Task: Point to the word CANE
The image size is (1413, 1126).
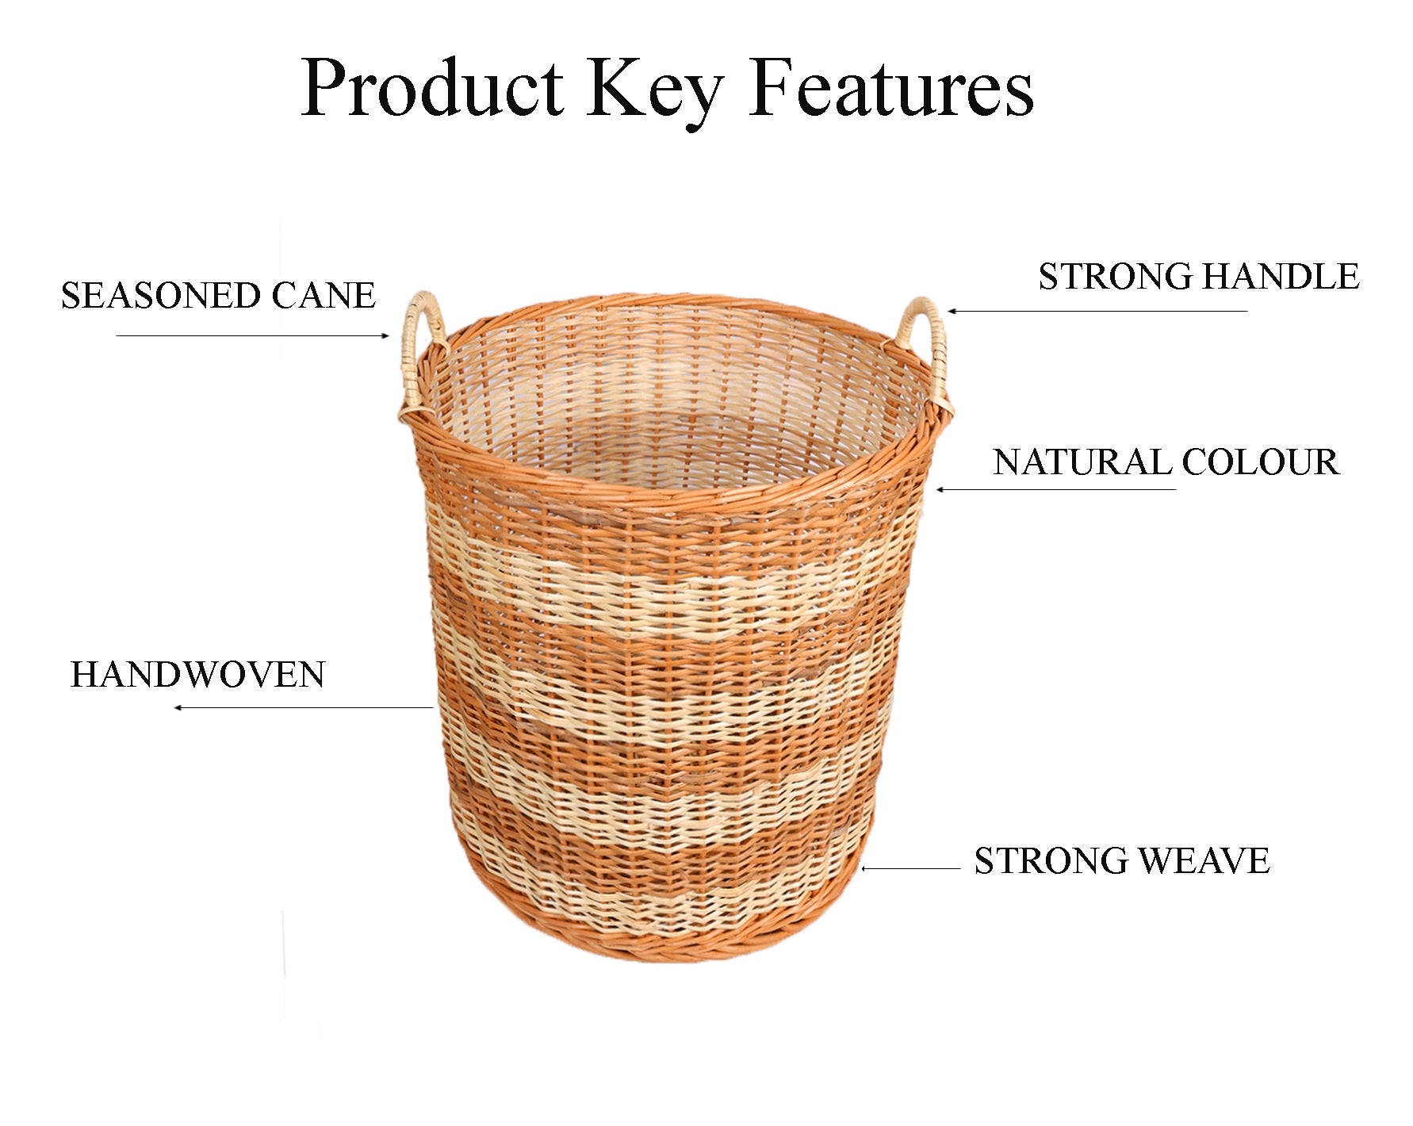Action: pyautogui.click(x=324, y=296)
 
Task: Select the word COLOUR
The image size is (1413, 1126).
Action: pyautogui.click(x=1261, y=462)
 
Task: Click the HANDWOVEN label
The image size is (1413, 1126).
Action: pyautogui.click(x=198, y=675)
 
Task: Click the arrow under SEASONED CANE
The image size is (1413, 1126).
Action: pyautogui.click(x=253, y=335)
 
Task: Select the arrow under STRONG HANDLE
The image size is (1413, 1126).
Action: pyautogui.click(x=1097, y=311)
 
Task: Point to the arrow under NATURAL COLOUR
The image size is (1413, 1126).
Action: pyautogui.click(x=1055, y=489)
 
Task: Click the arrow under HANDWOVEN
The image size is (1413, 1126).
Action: pyautogui.click(x=304, y=707)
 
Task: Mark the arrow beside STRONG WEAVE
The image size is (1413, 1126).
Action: pyautogui.click(x=910, y=868)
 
